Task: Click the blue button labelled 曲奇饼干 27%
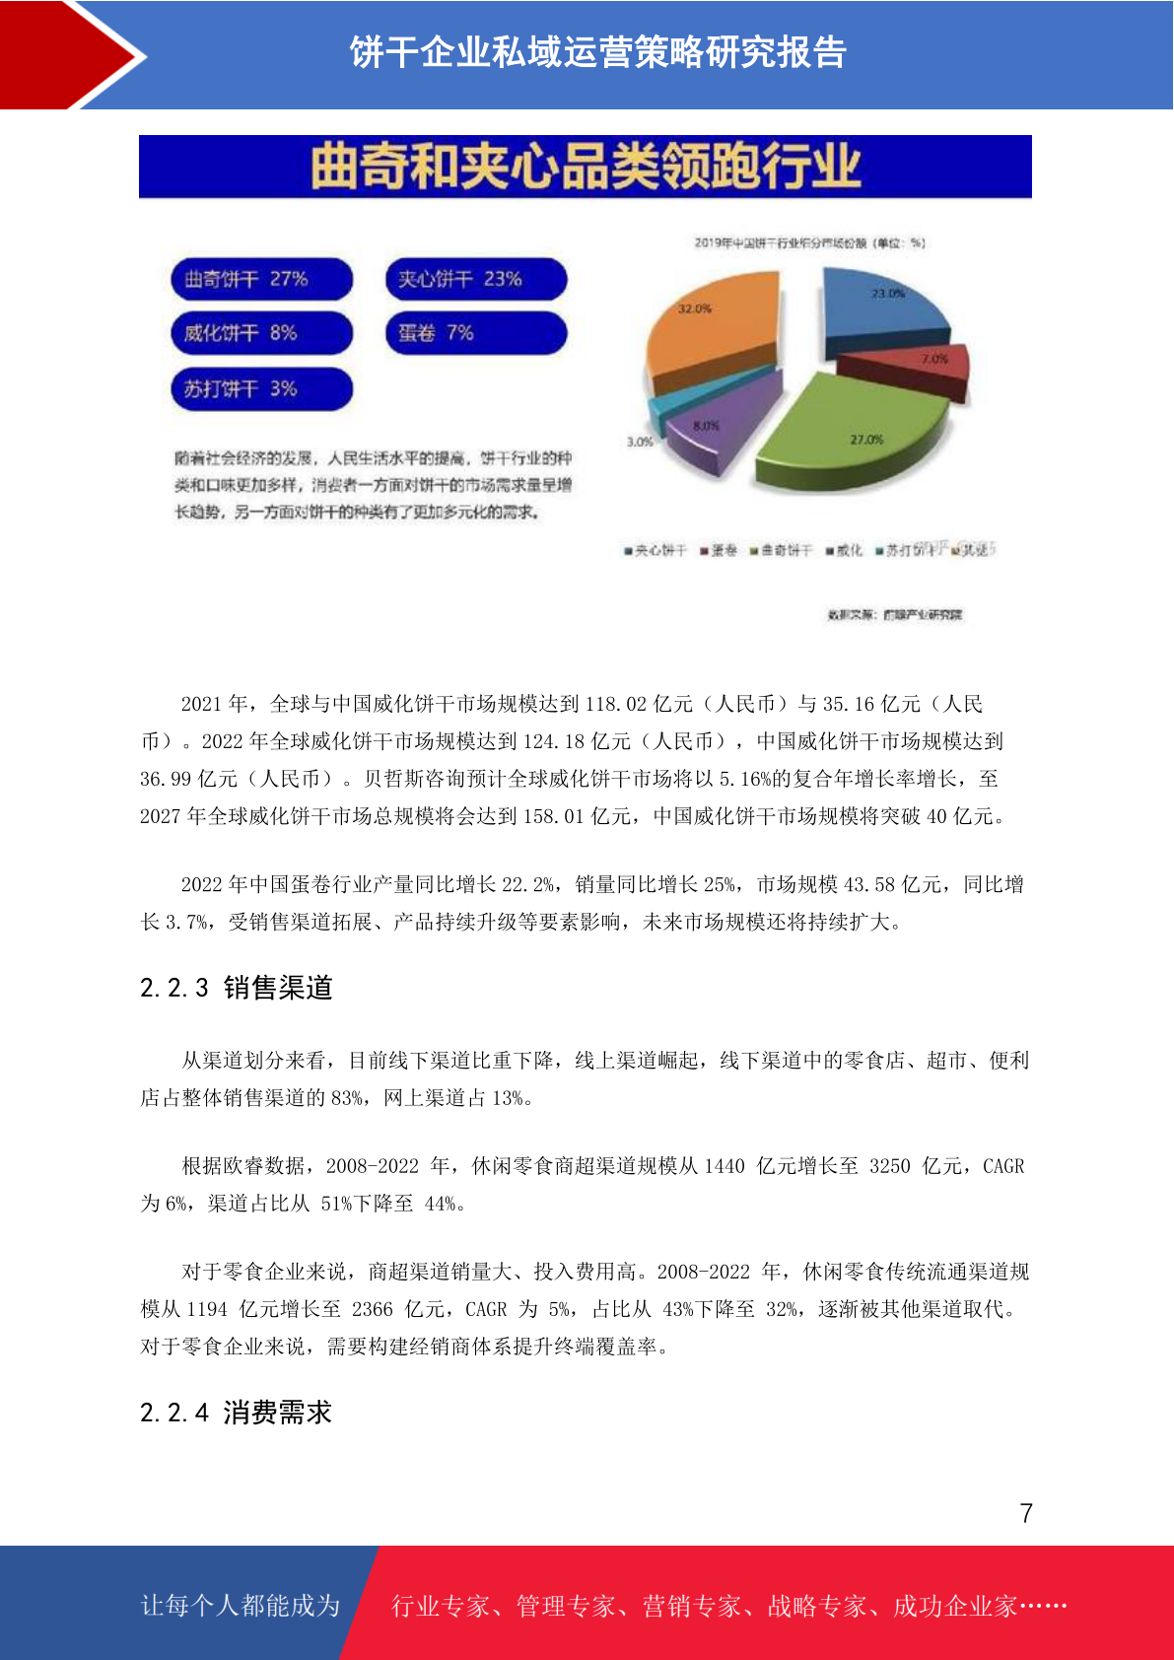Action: click(x=260, y=279)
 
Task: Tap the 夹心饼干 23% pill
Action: click(x=475, y=279)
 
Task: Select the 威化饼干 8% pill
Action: click(x=260, y=333)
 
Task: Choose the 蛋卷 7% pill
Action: click(x=475, y=333)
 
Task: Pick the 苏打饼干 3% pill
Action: click(x=260, y=388)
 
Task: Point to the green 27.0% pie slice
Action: click(x=848, y=424)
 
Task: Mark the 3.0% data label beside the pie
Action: click(x=640, y=442)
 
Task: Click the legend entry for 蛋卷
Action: click(x=719, y=550)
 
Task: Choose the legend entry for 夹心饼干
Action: click(x=655, y=550)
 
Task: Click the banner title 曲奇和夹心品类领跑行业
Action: click(x=586, y=166)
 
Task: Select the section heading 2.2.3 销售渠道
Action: click(x=237, y=988)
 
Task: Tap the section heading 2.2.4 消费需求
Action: click(x=237, y=1413)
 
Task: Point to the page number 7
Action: click(x=1026, y=1513)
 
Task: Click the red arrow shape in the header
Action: click(x=69, y=54)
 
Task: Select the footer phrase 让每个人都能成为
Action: click(x=241, y=1606)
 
